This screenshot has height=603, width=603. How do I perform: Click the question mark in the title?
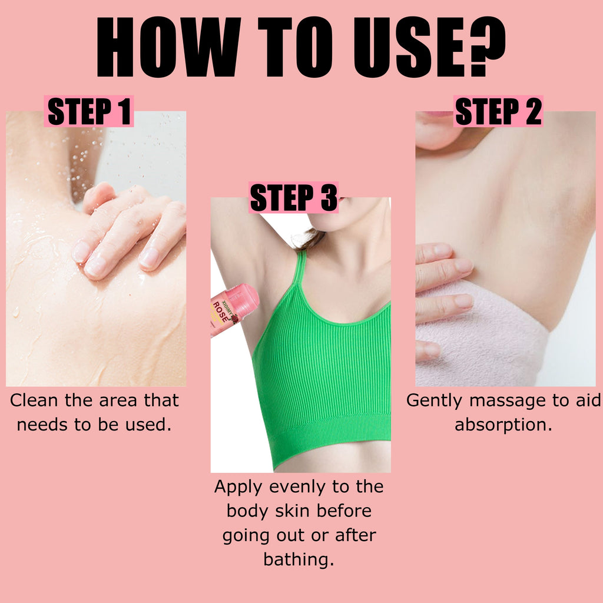point(486,46)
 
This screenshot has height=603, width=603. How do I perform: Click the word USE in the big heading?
point(409,47)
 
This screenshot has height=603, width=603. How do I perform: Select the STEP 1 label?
point(89,111)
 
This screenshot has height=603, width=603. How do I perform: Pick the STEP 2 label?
point(498,111)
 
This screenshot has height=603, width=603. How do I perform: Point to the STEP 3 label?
point(293,197)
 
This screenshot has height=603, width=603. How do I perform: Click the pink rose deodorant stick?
point(234,309)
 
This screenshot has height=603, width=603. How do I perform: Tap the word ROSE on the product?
point(220,312)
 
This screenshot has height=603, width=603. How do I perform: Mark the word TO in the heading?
point(295,47)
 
